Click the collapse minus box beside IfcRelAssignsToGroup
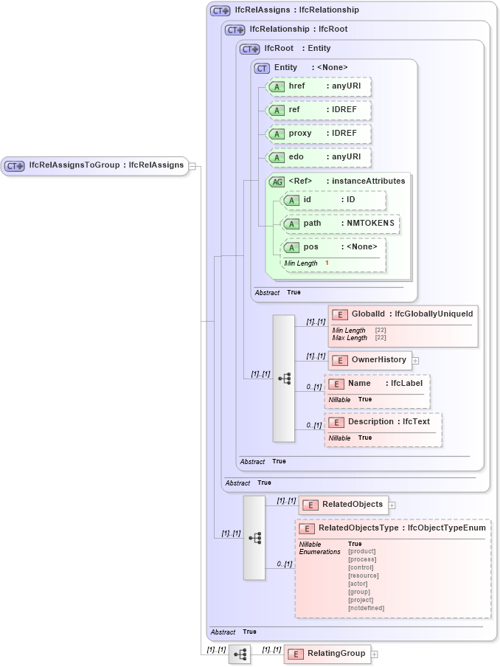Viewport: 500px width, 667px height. (x=192, y=166)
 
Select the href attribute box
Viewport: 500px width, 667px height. (x=318, y=87)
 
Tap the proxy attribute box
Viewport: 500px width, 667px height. (x=318, y=134)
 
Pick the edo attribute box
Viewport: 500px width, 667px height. (x=318, y=158)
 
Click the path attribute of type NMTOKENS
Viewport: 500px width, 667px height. (x=341, y=224)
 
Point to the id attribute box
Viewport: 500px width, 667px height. (x=333, y=200)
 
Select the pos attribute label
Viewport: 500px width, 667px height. (x=311, y=246)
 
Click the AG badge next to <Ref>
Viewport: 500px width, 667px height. (x=277, y=182)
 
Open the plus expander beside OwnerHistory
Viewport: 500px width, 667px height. (x=416, y=361)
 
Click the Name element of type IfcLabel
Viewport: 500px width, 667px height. (x=377, y=384)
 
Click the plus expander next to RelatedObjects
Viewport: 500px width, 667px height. (x=392, y=505)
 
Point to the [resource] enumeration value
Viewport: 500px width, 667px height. (x=363, y=576)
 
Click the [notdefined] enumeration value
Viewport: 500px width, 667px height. (x=366, y=608)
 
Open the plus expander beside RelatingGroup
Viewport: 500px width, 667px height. (x=375, y=654)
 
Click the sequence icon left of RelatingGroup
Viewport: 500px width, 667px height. (x=240, y=654)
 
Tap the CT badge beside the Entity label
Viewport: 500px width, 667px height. (x=262, y=68)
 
